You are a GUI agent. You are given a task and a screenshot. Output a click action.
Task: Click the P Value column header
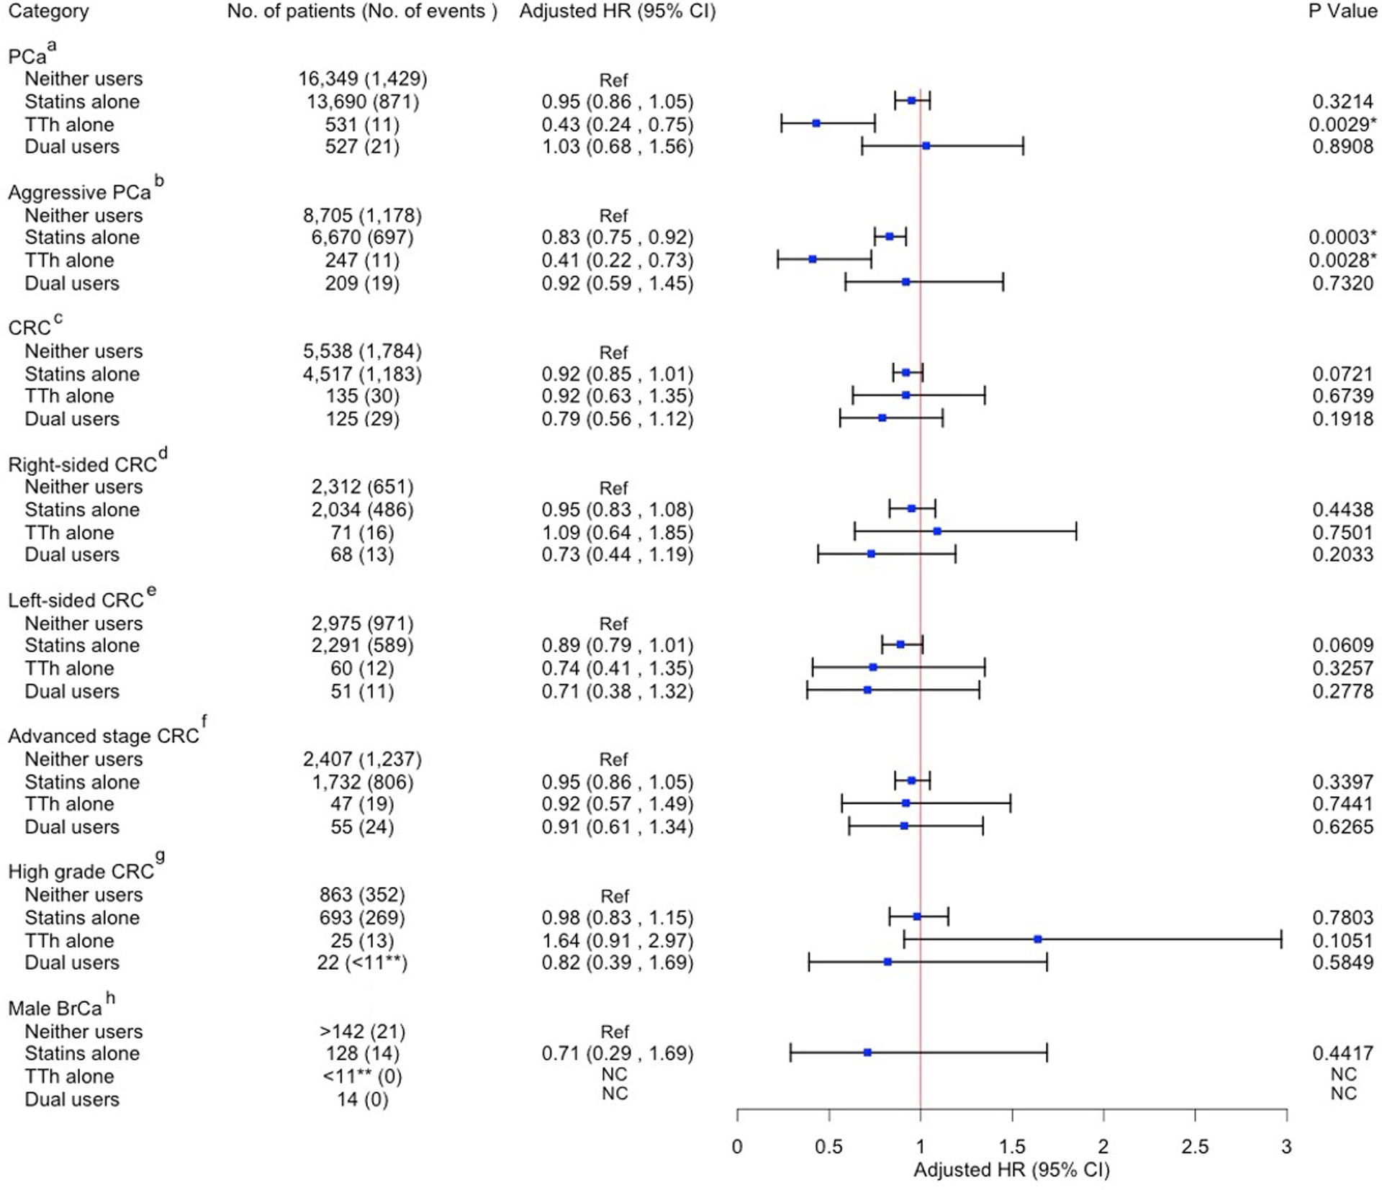coord(1342,12)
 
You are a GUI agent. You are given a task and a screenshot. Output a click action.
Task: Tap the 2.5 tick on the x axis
coord(1195,1146)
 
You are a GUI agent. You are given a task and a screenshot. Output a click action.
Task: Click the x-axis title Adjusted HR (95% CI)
coord(1011,1170)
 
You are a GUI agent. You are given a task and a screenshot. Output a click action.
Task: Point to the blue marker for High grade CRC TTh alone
coord(1038,939)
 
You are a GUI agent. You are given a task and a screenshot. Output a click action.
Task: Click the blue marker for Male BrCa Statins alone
coord(867,1052)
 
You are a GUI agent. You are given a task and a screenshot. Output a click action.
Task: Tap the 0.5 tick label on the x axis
coord(828,1146)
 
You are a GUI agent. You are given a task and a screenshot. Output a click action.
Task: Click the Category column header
coord(48,12)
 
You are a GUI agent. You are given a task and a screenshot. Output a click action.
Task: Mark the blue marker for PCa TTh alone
coord(816,124)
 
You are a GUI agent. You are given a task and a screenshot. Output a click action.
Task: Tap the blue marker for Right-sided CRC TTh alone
coord(937,531)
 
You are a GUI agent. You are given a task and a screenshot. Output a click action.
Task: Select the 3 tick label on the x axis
coord(1286,1146)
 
